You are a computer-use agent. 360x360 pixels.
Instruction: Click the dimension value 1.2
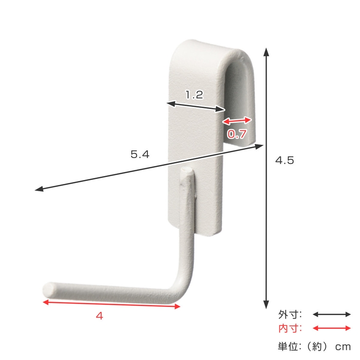click(194, 95)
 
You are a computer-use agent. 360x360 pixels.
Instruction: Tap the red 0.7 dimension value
click(237, 134)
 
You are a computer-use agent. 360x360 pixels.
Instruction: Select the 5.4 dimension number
click(140, 154)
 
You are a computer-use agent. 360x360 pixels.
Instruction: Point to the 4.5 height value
click(285, 160)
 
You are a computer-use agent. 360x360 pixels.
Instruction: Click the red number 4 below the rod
click(99, 316)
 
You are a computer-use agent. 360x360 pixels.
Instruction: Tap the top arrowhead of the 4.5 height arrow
click(266, 53)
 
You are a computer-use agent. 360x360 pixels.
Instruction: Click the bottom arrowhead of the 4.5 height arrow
click(266, 304)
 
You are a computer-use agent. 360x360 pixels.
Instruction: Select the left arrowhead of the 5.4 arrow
click(39, 189)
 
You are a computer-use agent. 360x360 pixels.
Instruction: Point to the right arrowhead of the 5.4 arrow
click(259, 146)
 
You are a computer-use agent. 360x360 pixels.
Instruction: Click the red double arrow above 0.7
click(237, 121)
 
